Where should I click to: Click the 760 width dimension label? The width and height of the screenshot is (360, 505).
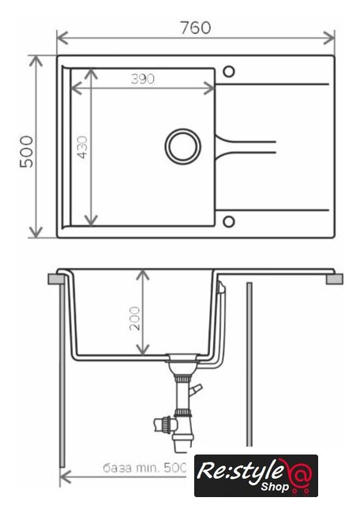point(196,28)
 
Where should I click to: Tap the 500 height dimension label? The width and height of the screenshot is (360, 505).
point(26,151)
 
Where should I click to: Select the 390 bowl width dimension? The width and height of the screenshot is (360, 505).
point(142,79)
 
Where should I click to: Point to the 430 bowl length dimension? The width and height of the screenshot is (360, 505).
point(83,148)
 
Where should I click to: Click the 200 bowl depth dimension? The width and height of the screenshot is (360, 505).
point(135,318)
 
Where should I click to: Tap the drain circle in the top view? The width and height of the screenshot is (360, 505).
point(182,147)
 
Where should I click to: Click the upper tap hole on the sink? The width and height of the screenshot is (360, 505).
point(228,72)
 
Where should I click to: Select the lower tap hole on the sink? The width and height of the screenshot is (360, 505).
point(228,222)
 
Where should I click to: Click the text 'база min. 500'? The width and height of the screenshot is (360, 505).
point(144,467)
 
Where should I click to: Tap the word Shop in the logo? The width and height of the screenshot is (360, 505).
point(275,487)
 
